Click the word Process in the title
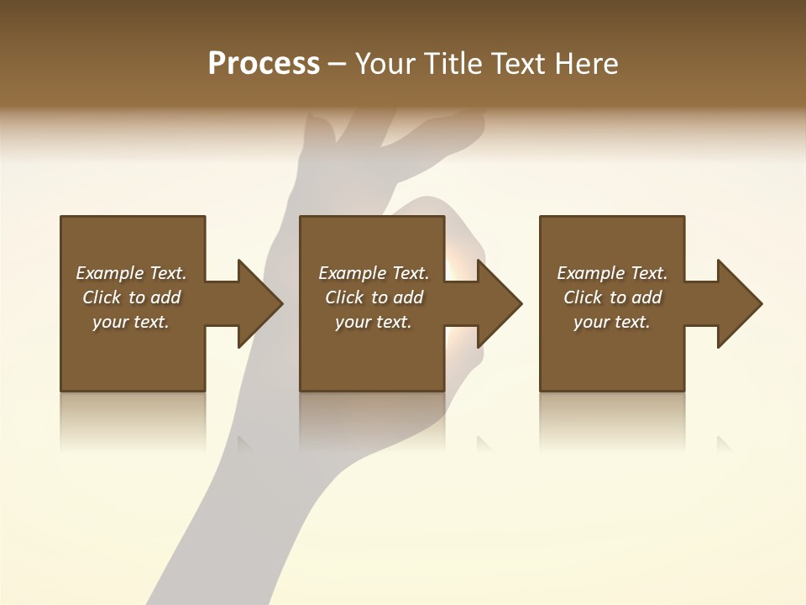point(264,64)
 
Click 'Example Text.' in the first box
point(131,273)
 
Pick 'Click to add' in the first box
point(131,297)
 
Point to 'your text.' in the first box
point(131,322)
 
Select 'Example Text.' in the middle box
point(374,273)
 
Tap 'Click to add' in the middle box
point(374,297)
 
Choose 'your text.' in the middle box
point(374,322)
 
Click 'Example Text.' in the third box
point(612,273)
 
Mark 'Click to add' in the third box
point(612,297)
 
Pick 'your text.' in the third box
point(612,322)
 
